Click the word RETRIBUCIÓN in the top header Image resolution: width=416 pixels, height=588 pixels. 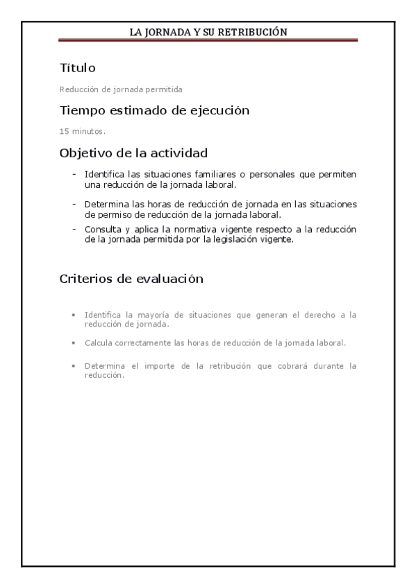[x=253, y=32]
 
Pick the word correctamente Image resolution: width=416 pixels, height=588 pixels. [x=142, y=343]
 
